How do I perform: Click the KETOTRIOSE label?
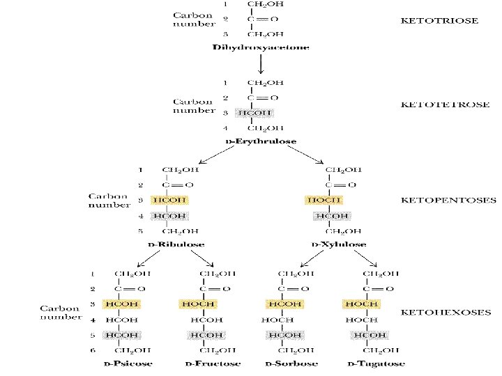pos(439,21)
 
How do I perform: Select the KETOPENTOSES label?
pos(449,201)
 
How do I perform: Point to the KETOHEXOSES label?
pos(446,313)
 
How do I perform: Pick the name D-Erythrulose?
pos(261,141)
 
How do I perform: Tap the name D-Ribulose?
pos(176,244)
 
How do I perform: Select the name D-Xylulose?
pos(338,244)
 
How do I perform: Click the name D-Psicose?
pos(128,363)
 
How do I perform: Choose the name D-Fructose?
pos(213,363)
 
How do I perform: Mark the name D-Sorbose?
pos(291,363)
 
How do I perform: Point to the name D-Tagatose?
pos(376,363)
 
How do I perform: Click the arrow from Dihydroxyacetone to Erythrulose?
pos(261,64)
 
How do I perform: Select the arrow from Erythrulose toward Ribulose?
pos(220,155)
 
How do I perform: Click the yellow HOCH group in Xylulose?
pos(324,201)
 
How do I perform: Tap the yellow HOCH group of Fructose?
pos(197,304)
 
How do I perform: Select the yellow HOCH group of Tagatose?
pos(360,304)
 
